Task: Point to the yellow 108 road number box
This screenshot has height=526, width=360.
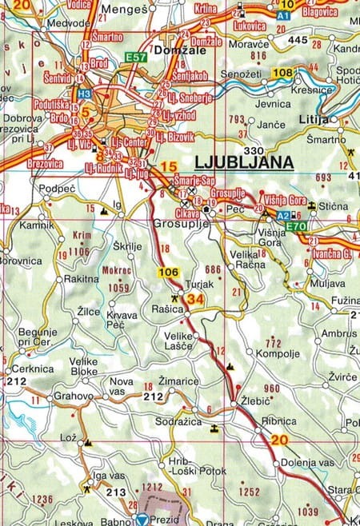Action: tap(282, 74)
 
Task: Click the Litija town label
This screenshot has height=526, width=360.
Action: tap(318, 119)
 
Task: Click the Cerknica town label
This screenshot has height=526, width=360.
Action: tap(33, 369)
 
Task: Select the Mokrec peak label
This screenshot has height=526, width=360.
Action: tap(117, 270)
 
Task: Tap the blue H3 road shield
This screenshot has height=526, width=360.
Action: tap(84, 94)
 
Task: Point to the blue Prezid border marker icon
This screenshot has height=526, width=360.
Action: tap(142, 520)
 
